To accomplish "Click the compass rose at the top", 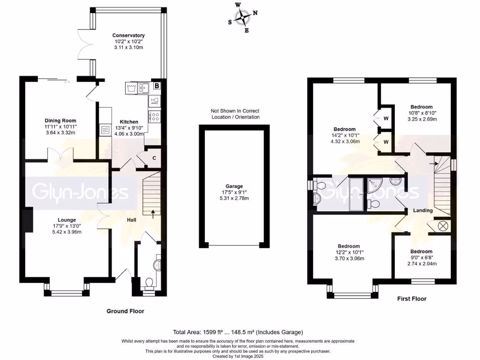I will pos(243,18).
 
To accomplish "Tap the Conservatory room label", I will pos(128,35).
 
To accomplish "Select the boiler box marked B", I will pos(157,86).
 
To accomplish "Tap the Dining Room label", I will pos(60,120).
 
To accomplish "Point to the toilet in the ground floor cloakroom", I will pos(149,283).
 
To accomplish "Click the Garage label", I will pos(234,186).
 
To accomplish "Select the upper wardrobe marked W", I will pos(386,118).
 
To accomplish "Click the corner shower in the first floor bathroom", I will pos(375,187).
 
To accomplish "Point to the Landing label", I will pos(422,210).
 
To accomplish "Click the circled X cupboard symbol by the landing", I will pos(442,225).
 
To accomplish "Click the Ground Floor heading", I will pos(125,311).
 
